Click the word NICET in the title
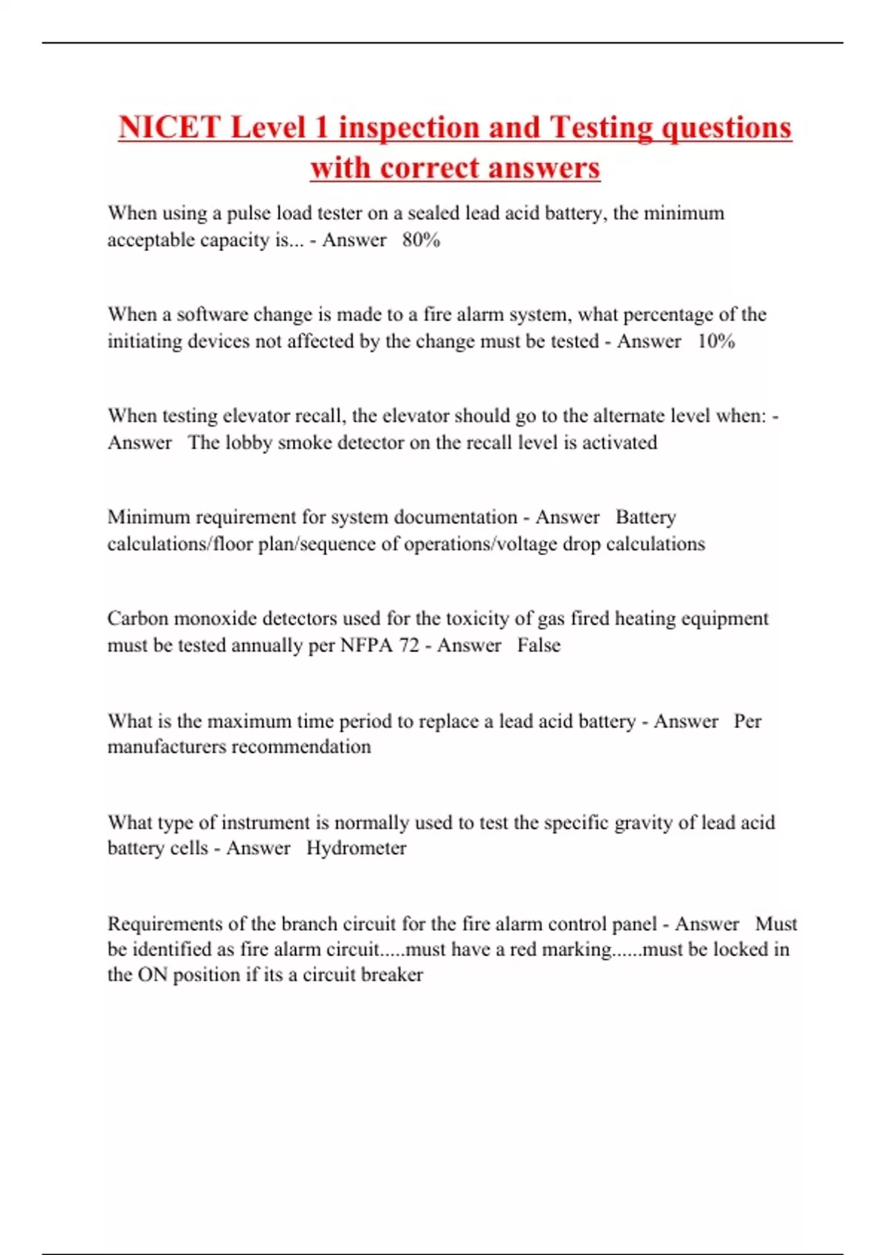pyautogui.click(x=169, y=128)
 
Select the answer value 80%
pyautogui.click(x=421, y=240)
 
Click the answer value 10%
pyautogui.click(x=716, y=341)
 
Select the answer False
pyautogui.click(x=538, y=645)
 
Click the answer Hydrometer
pyautogui.click(x=356, y=847)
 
